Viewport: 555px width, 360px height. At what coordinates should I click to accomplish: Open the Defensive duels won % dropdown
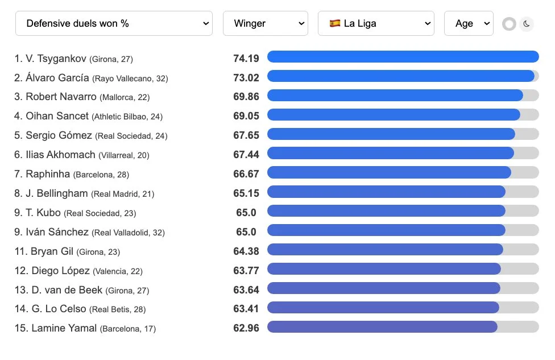pyautogui.click(x=114, y=24)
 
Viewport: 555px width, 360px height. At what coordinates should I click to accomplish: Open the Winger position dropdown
pyautogui.click(x=265, y=24)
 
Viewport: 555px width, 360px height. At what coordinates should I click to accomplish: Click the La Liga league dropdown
pyautogui.click(x=375, y=24)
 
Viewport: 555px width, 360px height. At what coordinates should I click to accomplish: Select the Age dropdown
pyautogui.click(x=468, y=24)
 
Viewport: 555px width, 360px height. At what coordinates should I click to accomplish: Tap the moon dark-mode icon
pyautogui.click(x=527, y=24)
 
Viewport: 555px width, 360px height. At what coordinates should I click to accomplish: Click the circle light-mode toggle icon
pyautogui.click(x=509, y=24)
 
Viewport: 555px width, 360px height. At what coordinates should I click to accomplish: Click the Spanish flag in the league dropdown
pyautogui.click(x=335, y=24)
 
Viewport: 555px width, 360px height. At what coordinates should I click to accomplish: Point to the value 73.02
pyautogui.click(x=246, y=77)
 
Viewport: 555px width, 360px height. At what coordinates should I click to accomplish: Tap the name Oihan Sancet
pyautogui.click(x=57, y=116)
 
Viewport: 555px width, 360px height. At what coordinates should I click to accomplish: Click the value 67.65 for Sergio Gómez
pyautogui.click(x=246, y=135)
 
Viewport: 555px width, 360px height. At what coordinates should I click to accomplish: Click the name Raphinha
pyautogui.click(x=48, y=174)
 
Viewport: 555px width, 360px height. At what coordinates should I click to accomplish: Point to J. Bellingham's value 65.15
pyautogui.click(x=246, y=193)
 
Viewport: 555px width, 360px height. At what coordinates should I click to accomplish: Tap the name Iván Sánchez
pyautogui.click(x=57, y=232)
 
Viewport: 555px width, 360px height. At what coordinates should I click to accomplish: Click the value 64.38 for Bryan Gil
pyautogui.click(x=246, y=251)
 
